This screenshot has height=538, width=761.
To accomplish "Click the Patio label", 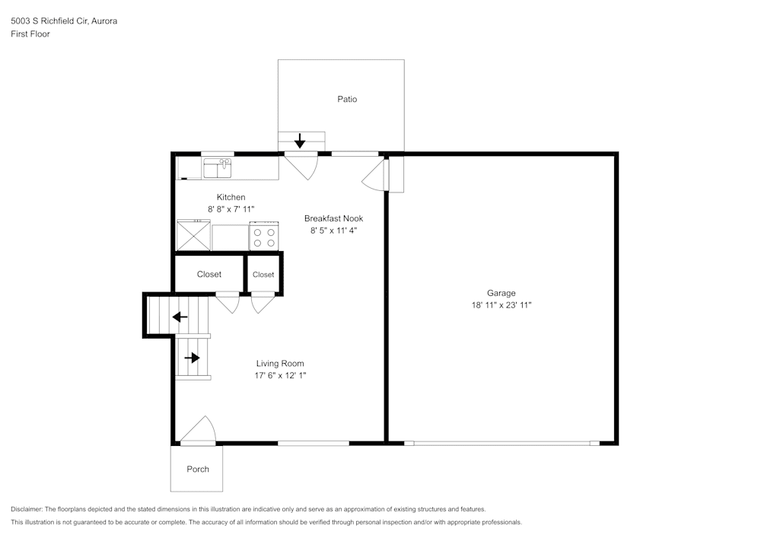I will point(347,99).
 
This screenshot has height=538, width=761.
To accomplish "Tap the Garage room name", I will point(501,293).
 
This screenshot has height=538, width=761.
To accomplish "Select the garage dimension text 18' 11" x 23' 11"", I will point(501,305).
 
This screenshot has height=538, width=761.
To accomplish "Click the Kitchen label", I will point(231,197).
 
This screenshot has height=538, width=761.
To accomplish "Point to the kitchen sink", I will point(218,166).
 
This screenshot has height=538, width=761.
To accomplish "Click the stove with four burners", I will point(264,237).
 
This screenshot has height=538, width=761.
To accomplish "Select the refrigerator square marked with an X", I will point(193,235).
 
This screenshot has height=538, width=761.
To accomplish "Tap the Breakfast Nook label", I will point(333,218).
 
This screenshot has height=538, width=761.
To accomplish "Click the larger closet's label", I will point(209,275).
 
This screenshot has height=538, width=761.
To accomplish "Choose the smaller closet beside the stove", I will point(263,275).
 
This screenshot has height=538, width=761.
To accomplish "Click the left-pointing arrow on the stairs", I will point(180,317).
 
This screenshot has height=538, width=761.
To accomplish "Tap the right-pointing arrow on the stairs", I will point(192,357).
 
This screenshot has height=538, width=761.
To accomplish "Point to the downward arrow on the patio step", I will point(300,141).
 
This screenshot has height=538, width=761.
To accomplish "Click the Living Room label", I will point(280,364).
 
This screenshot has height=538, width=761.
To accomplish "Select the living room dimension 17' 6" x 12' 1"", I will point(280,376).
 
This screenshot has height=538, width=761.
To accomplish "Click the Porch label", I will point(198,469).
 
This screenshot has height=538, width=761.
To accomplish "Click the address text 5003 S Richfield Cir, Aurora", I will point(64,21).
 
